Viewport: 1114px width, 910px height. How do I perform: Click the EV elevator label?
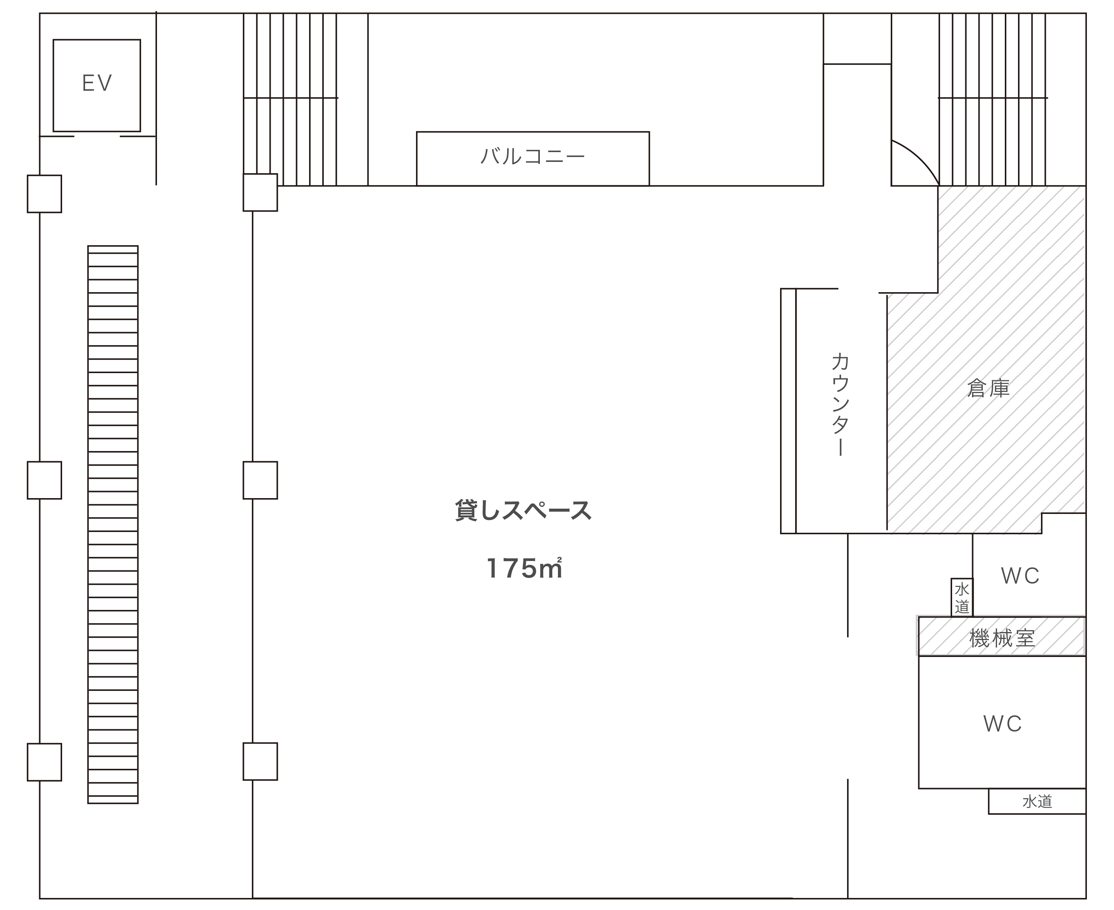(97, 83)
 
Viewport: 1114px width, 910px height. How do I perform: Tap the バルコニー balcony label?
(533, 156)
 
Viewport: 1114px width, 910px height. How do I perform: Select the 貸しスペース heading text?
(523, 511)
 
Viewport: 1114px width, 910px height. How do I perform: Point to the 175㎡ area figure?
(524, 568)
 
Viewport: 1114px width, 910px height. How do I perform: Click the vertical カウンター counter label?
(840, 404)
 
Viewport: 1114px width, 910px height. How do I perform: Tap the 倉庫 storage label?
(988, 389)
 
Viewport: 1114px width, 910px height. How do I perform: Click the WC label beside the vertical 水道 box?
(1020, 576)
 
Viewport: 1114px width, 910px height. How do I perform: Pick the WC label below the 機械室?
(1002, 724)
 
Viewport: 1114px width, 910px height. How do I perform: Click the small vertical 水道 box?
(962, 598)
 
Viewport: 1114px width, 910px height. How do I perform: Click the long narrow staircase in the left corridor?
(113, 524)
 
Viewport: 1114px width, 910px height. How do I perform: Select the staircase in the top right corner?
(992, 99)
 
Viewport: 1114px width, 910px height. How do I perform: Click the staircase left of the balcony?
(290, 99)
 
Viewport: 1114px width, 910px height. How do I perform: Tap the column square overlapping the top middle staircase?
(260, 192)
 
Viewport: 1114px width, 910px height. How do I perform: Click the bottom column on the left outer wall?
(44, 762)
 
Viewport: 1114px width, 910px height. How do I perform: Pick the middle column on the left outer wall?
(44, 480)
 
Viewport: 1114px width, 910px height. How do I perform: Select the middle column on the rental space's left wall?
(260, 480)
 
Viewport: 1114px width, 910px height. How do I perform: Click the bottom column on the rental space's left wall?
(260, 762)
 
